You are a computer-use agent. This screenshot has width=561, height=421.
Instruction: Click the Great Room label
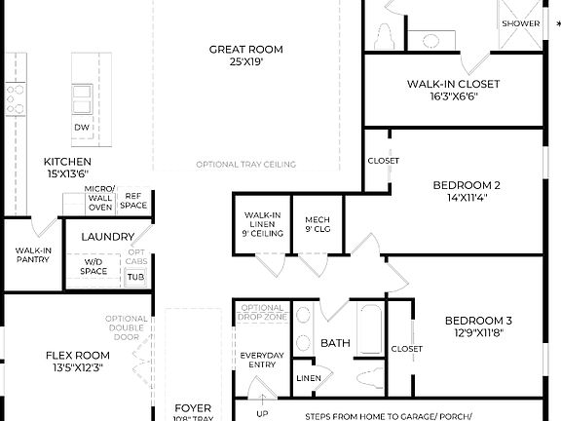point(244,49)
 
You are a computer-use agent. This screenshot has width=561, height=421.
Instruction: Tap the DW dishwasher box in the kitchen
point(82,128)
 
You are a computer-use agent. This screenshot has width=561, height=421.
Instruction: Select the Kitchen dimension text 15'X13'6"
point(67,173)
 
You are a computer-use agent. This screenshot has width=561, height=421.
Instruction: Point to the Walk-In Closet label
point(453,85)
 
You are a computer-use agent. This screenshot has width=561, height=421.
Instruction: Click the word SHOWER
point(520,23)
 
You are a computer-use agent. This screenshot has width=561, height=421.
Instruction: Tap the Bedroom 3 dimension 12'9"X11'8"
point(478,332)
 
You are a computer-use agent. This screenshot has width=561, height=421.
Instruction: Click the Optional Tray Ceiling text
point(245,164)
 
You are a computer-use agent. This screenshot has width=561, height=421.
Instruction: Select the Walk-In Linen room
point(263,223)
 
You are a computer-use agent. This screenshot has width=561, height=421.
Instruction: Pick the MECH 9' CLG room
point(318,224)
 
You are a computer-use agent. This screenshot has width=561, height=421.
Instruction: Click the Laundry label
point(107,237)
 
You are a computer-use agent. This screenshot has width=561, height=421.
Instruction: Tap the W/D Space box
point(93,266)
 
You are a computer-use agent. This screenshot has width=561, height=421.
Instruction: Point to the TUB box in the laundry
point(135,278)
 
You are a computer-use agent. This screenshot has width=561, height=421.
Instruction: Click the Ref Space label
point(134,201)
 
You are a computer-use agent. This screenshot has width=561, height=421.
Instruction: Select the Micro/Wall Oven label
point(100,198)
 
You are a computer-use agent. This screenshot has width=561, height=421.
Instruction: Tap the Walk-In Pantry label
point(32,255)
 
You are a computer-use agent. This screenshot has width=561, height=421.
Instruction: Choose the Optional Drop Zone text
point(262,313)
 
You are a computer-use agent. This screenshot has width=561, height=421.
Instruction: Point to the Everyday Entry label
point(262,360)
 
